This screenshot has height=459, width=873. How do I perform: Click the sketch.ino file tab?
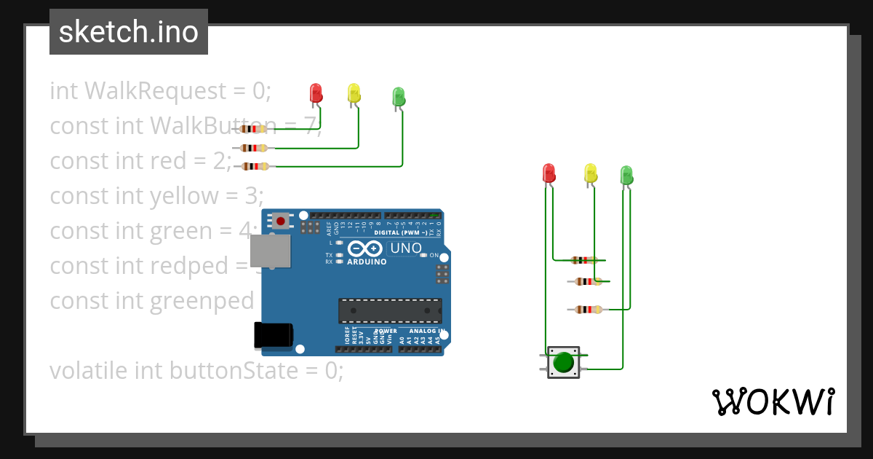[x=129, y=32]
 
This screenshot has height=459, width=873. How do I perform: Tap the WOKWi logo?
[x=773, y=401]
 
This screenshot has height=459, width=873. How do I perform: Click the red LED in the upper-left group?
[x=316, y=93]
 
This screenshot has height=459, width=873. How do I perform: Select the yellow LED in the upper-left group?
[x=354, y=93]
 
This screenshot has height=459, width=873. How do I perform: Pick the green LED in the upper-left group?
[x=398, y=96]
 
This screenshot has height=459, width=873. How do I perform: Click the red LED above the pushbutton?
[x=549, y=173]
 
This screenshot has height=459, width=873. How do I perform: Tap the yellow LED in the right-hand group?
[x=590, y=173]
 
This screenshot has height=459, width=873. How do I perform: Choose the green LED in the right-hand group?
[x=626, y=175]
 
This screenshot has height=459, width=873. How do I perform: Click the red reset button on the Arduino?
[x=280, y=220]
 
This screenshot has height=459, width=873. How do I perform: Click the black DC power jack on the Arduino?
[x=273, y=334]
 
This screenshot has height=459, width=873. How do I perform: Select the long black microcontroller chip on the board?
[x=389, y=310]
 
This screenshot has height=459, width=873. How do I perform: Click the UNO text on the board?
[x=406, y=248]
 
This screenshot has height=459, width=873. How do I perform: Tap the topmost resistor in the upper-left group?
[x=252, y=129]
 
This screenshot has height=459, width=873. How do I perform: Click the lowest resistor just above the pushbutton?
[x=588, y=309]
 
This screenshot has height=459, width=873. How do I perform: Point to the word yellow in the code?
[x=183, y=196]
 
